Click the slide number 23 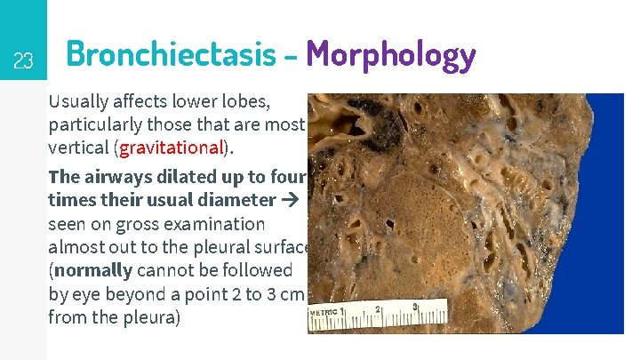tap(23, 61)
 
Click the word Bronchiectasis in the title tap(171, 55)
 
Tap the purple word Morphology tap(391, 55)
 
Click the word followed tap(260, 269)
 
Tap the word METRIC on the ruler tap(326, 314)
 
